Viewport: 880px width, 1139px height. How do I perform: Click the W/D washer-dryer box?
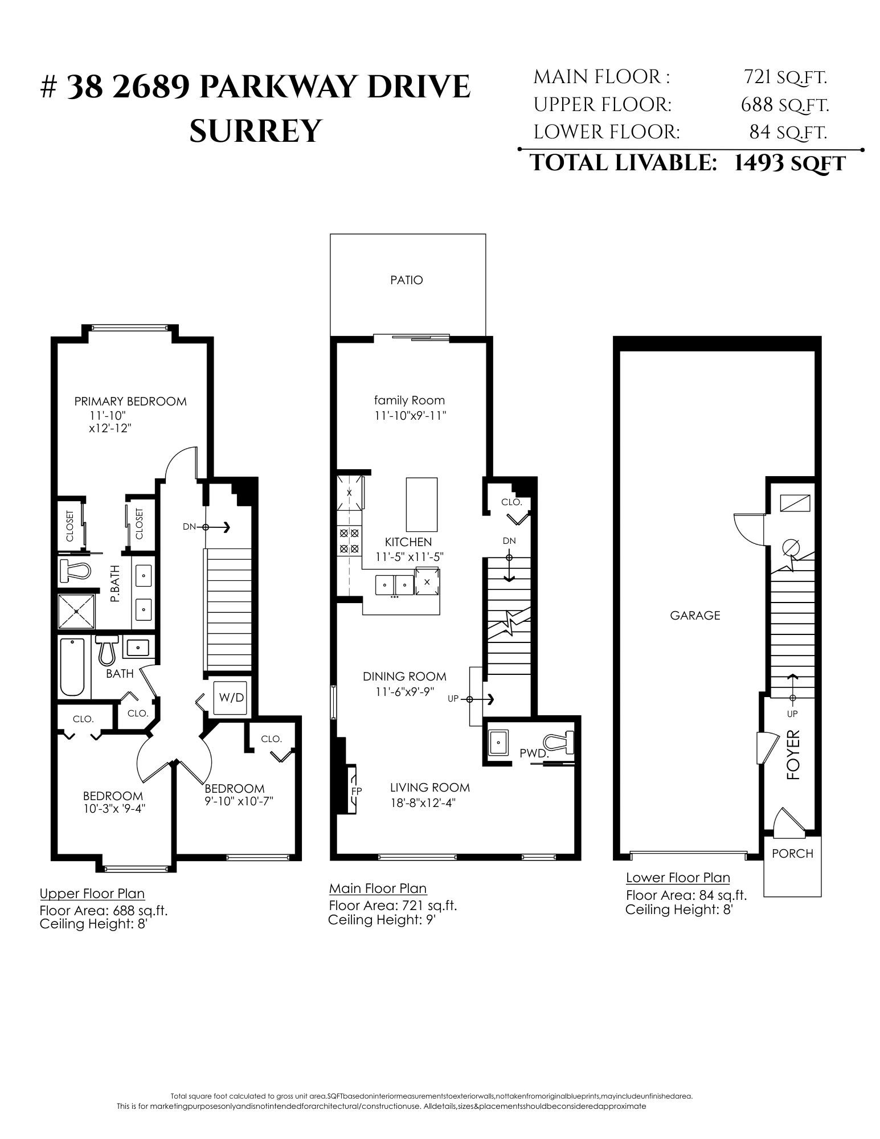pos(231,698)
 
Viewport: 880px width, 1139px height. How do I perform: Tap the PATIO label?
pos(407,280)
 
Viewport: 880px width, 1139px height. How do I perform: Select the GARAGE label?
pos(695,615)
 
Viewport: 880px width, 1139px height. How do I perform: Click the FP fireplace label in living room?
pos(357,790)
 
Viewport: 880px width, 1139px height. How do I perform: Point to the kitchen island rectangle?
pos(421,505)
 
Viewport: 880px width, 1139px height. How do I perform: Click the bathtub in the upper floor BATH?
pos(72,667)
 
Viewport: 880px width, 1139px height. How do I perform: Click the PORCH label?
pos(792,854)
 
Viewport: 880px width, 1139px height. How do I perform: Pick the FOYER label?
pos(793,755)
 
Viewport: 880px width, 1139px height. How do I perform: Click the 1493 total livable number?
pos(758,163)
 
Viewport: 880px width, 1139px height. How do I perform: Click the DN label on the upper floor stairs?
pos(189,527)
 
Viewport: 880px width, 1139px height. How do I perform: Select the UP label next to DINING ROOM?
pos(453,699)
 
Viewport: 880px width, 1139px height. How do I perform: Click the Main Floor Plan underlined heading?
pos(378,888)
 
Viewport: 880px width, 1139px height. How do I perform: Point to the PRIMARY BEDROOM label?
pos(130,401)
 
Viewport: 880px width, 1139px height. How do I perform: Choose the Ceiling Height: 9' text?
pos(382,920)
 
